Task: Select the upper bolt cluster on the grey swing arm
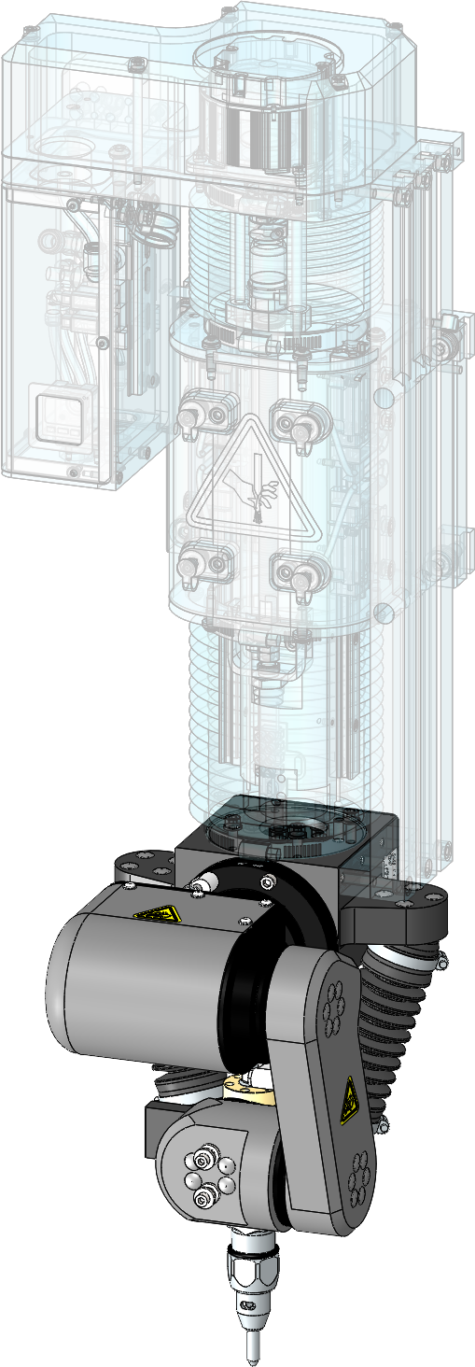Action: [331, 1012]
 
